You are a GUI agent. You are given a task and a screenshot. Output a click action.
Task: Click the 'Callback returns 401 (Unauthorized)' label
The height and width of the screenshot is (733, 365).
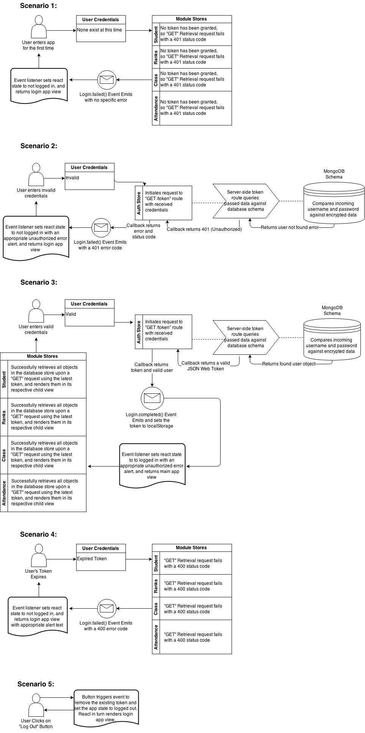coord(204,229)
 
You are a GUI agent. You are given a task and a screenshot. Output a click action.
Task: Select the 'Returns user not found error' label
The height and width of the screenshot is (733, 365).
coord(290,228)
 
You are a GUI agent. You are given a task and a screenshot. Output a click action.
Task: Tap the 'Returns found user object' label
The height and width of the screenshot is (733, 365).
coord(289,364)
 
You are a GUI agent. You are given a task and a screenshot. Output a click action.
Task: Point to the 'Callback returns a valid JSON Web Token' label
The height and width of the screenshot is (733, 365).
coord(206,366)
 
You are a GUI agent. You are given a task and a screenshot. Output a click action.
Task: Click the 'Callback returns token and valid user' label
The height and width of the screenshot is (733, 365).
coord(152,368)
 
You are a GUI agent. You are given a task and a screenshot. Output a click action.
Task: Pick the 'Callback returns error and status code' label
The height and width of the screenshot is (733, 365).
coord(144,231)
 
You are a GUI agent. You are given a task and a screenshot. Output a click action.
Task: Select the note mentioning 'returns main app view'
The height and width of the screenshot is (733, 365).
coord(152,465)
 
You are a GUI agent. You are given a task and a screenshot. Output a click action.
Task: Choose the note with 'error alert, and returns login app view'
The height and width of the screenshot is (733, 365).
coord(36,238)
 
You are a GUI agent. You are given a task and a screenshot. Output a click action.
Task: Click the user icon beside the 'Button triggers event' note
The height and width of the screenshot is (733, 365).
coord(36,705)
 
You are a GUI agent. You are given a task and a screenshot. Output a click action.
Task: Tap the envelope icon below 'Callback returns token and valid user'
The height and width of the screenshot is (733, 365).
coord(152,398)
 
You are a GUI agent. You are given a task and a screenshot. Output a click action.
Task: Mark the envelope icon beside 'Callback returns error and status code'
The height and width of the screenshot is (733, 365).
coord(101,228)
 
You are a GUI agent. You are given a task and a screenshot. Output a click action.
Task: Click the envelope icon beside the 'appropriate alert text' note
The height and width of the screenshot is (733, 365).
coord(107,609)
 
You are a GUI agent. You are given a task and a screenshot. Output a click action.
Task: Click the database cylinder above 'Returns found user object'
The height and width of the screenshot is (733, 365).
coord(332,339)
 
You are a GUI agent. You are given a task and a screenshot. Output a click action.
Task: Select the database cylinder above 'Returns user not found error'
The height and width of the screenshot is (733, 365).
coord(334,203)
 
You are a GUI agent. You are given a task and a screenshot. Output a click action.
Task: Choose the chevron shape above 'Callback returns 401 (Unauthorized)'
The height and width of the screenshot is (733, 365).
coord(246,201)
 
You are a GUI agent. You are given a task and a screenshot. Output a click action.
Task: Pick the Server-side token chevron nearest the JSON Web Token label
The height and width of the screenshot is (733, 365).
coord(246,337)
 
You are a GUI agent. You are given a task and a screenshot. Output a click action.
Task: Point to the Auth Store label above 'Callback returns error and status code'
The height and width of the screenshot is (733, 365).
coord(139,203)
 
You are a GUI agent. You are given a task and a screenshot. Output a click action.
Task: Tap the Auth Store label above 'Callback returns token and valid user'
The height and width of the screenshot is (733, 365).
coord(139,332)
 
